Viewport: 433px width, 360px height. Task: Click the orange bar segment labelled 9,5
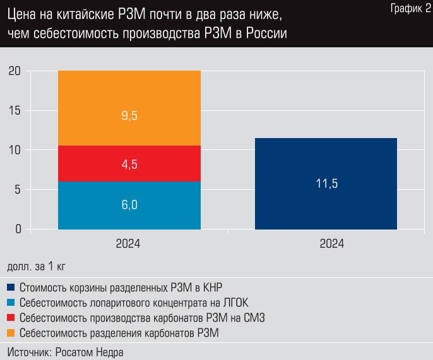click(129, 108)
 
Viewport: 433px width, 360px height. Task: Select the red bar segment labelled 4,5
click(129, 164)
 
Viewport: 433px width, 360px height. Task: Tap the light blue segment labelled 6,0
click(129, 205)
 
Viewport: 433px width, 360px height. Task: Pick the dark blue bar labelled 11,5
click(326, 183)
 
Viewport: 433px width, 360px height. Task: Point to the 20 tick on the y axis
click(15, 71)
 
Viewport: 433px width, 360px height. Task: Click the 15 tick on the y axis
click(15, 111)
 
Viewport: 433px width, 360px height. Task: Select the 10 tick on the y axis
click(15, 150)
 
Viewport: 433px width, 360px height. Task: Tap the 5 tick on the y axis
click(18, 190)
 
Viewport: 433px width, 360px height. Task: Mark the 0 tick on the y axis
click(18, 229)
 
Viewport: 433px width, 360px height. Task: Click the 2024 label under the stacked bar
click(128, 244)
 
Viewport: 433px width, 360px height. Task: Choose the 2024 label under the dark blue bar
click(326, 244)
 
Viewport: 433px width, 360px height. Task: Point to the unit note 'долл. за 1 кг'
click(37, 266)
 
